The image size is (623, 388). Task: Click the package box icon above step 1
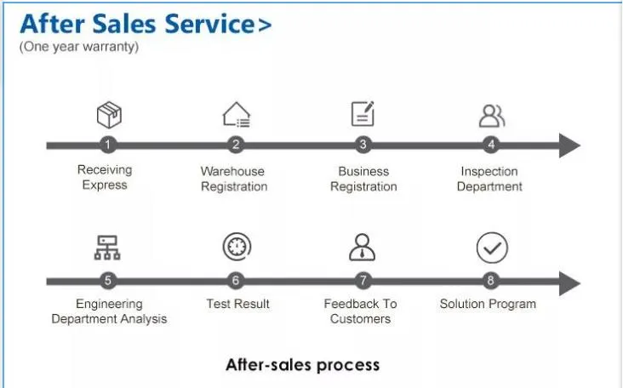[109, 115]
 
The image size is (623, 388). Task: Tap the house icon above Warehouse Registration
[237, 115]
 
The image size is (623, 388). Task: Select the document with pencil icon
[363, 113]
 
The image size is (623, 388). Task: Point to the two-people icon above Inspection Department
[492, 116]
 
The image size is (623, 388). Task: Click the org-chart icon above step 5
[107, 248]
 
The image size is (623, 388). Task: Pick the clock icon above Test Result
[237, 247]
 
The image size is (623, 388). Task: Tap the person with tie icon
[362, 247]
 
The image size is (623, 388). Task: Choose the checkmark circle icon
[492, 248]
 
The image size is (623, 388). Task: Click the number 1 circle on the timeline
[108, 145]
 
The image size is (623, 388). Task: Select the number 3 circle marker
[363, 145]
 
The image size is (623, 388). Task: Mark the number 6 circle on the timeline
[236, 281]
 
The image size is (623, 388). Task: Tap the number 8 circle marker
[491, 281]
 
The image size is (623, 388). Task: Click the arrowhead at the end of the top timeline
[569, 145]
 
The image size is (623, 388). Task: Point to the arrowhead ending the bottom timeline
[569, 283]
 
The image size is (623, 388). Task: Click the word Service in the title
[209, 24]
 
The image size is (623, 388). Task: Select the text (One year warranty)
[79, 47]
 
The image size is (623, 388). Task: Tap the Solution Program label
[488, 305]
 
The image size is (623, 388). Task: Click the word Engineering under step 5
[109, 305]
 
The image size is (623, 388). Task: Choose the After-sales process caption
[302, 364]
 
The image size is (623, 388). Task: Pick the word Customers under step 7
[360, 319]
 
